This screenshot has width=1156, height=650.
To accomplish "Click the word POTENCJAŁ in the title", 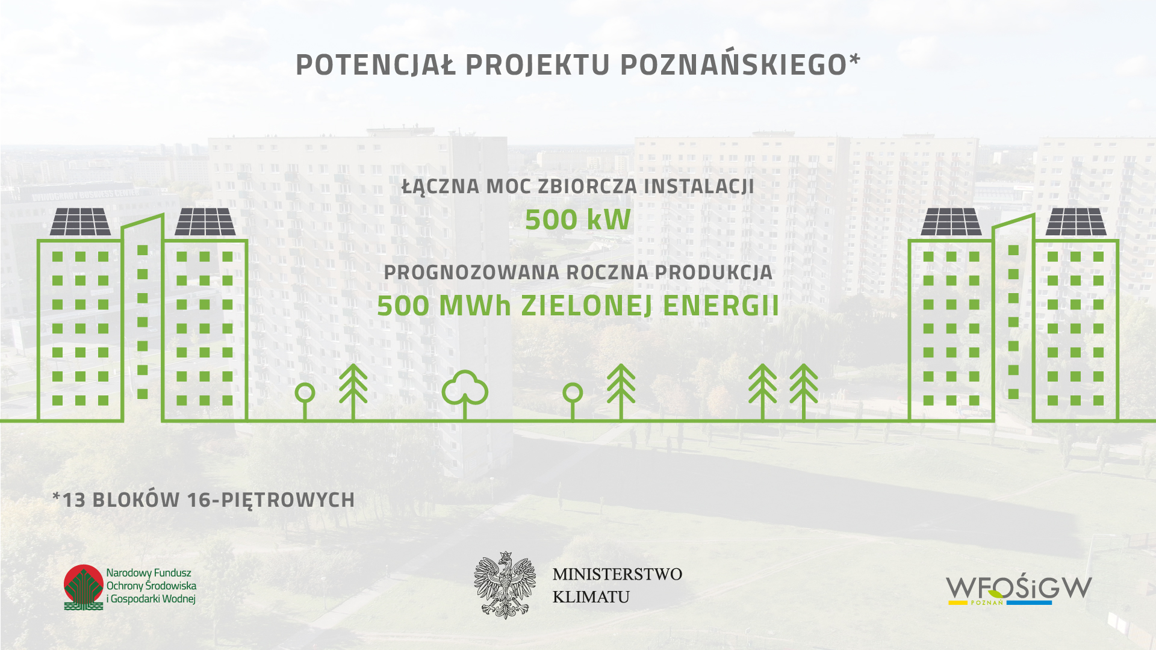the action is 376,64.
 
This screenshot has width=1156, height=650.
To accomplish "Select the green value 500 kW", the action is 578,220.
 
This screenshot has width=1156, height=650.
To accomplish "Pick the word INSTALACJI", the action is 699,186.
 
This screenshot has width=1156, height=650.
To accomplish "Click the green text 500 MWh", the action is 444,306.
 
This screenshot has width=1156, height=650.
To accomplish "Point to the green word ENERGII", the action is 721,306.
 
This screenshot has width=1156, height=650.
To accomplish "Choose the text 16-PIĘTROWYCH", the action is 271,500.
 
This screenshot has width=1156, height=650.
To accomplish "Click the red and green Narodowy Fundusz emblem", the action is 84,587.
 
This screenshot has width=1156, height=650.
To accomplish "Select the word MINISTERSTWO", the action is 617,574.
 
